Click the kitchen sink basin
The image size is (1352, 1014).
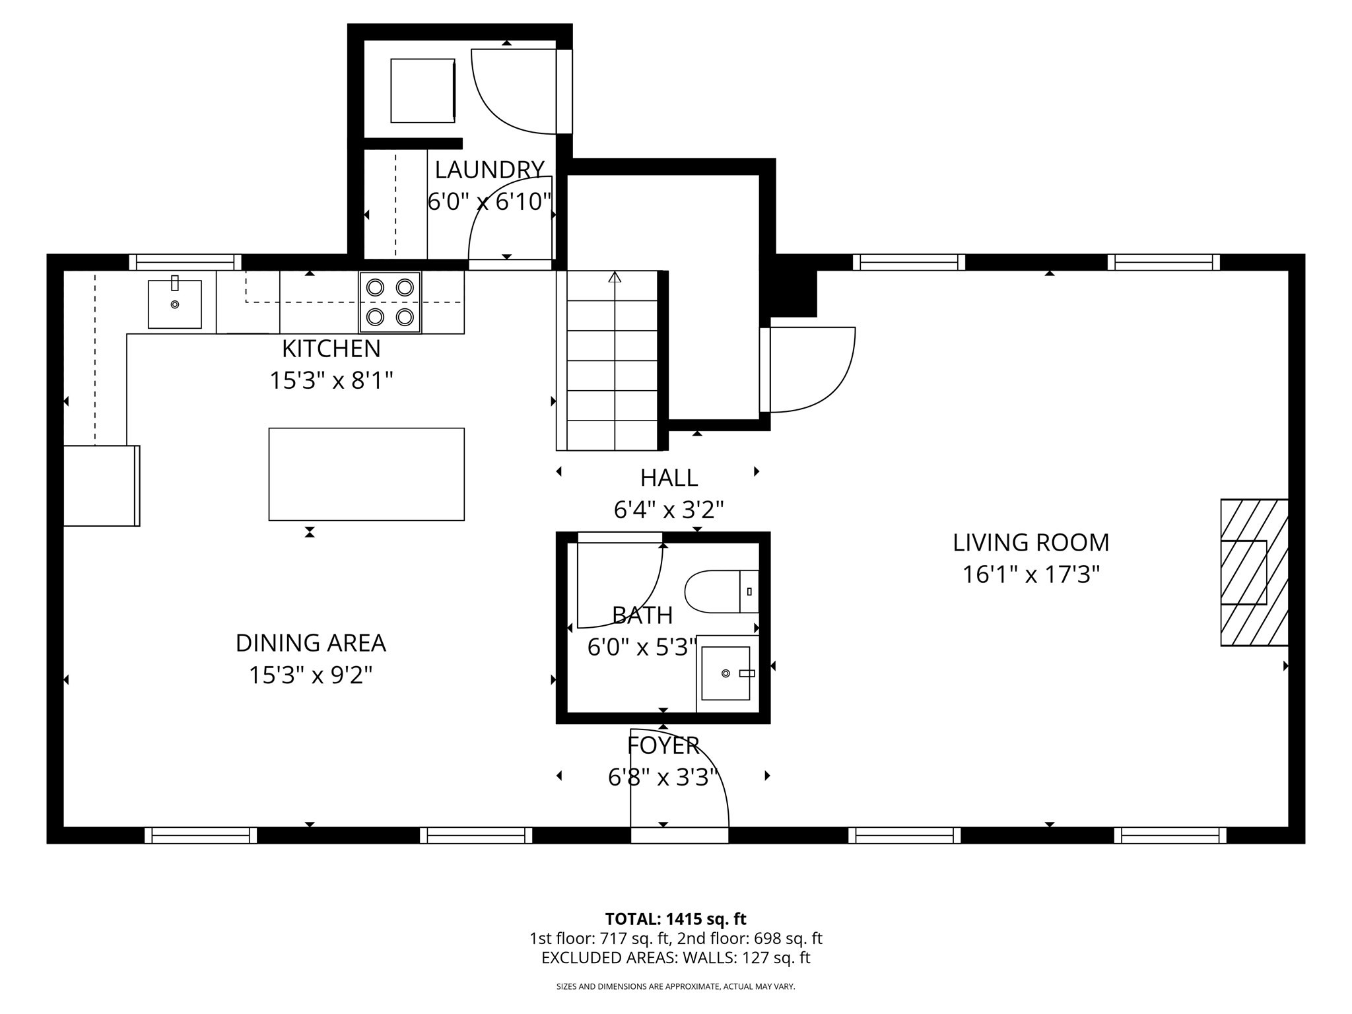174,304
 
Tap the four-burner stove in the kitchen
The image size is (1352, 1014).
390,302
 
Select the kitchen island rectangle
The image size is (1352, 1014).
366,474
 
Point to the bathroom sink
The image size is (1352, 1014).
726,673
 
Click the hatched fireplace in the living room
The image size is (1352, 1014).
1254,572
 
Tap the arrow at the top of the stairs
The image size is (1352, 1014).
615,277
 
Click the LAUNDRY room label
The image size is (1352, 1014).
489,170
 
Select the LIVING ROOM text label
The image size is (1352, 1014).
1031,543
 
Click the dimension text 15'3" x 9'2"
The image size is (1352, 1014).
310,675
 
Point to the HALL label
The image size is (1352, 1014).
669,478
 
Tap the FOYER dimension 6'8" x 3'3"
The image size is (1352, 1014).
663,778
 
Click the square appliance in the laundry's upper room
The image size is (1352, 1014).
422,90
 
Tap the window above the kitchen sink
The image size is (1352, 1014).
185,262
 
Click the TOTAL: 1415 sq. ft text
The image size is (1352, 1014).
675,919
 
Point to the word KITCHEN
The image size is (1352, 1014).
331,349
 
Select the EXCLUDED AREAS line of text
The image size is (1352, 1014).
675,958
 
